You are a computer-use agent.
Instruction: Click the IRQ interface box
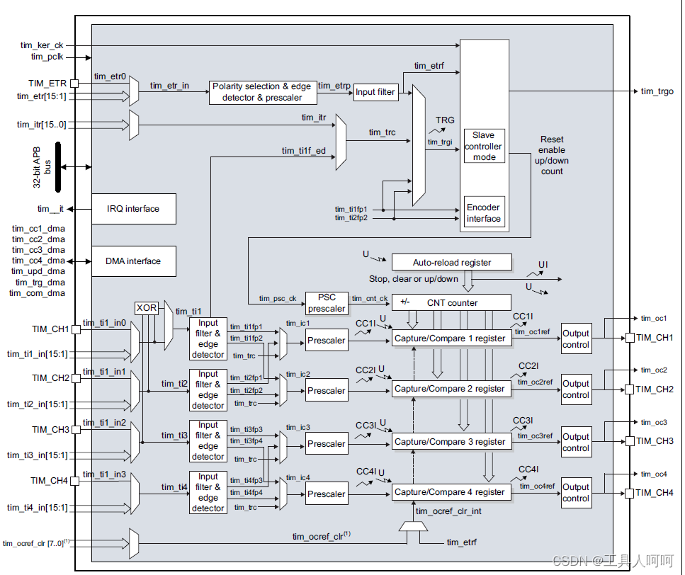[x=134, y=209]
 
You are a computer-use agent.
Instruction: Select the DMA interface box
[x=134, y=261]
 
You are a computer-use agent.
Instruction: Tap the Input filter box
[x=375, y=92]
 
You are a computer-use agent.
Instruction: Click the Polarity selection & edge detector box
[x=263, y=92]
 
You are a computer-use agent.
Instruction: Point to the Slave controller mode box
[x=484, y=146]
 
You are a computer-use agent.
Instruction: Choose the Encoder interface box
[x=484, y=212]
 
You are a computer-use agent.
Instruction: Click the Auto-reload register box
[x=452, y=263]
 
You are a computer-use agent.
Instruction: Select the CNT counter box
[x=452, y=302]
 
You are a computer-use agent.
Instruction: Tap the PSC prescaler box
[x=327, y=303]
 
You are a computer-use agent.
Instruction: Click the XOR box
[x=147, y=308]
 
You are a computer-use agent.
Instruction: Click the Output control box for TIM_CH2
[x=576, y=389]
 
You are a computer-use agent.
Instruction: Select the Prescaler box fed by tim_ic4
[x=327, y=494]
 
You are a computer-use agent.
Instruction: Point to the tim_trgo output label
[x=657, y=91]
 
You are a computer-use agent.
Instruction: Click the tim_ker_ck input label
[x=42, y=45]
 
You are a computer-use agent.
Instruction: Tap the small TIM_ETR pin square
[x=74, y=84]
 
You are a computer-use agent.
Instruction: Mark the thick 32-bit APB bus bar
[x=58, y=167]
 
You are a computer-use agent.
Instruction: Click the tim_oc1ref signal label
[x=533, y=332]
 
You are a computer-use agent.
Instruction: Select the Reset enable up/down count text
[x=552, y=155]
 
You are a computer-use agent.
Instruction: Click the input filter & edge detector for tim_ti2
[x=208, y=390]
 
